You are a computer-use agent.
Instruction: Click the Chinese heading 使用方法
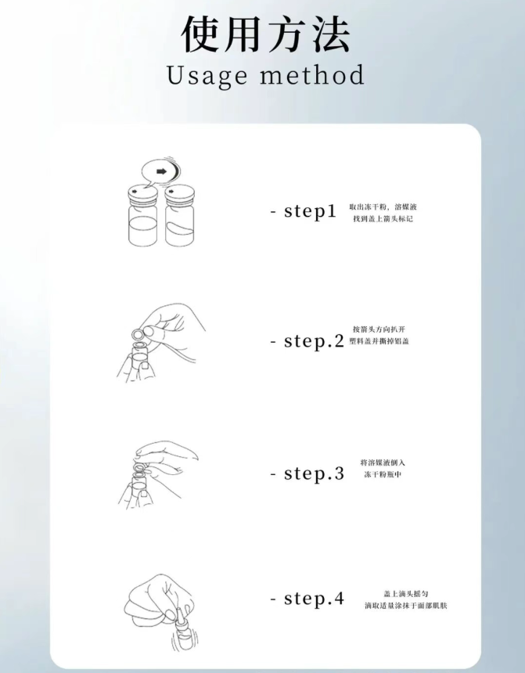(266, 34)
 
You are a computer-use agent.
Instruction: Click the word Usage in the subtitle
(207, 76)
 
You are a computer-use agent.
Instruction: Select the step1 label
(310, 211)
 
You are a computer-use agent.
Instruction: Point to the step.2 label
(314, 341)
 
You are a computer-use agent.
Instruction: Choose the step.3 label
(314, 473)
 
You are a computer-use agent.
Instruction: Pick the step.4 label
(314, 599)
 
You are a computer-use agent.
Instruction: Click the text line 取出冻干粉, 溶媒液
(383, 207)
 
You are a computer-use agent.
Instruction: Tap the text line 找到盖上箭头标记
(383, 219)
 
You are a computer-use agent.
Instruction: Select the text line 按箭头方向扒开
(379, 329)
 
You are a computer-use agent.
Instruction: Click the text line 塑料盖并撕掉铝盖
(379, 341)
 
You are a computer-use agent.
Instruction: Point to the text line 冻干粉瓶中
(383, 474)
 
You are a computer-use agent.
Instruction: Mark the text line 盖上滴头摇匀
(405, 594)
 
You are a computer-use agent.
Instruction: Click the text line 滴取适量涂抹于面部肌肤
(405, 606)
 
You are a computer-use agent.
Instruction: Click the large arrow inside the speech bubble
(161, 171)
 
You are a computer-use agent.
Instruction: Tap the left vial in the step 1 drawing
(143, 216)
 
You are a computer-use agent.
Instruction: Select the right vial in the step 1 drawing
(179, 216)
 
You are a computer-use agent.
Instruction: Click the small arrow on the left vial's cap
(135, 191)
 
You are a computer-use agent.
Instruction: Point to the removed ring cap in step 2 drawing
(137, 334)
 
